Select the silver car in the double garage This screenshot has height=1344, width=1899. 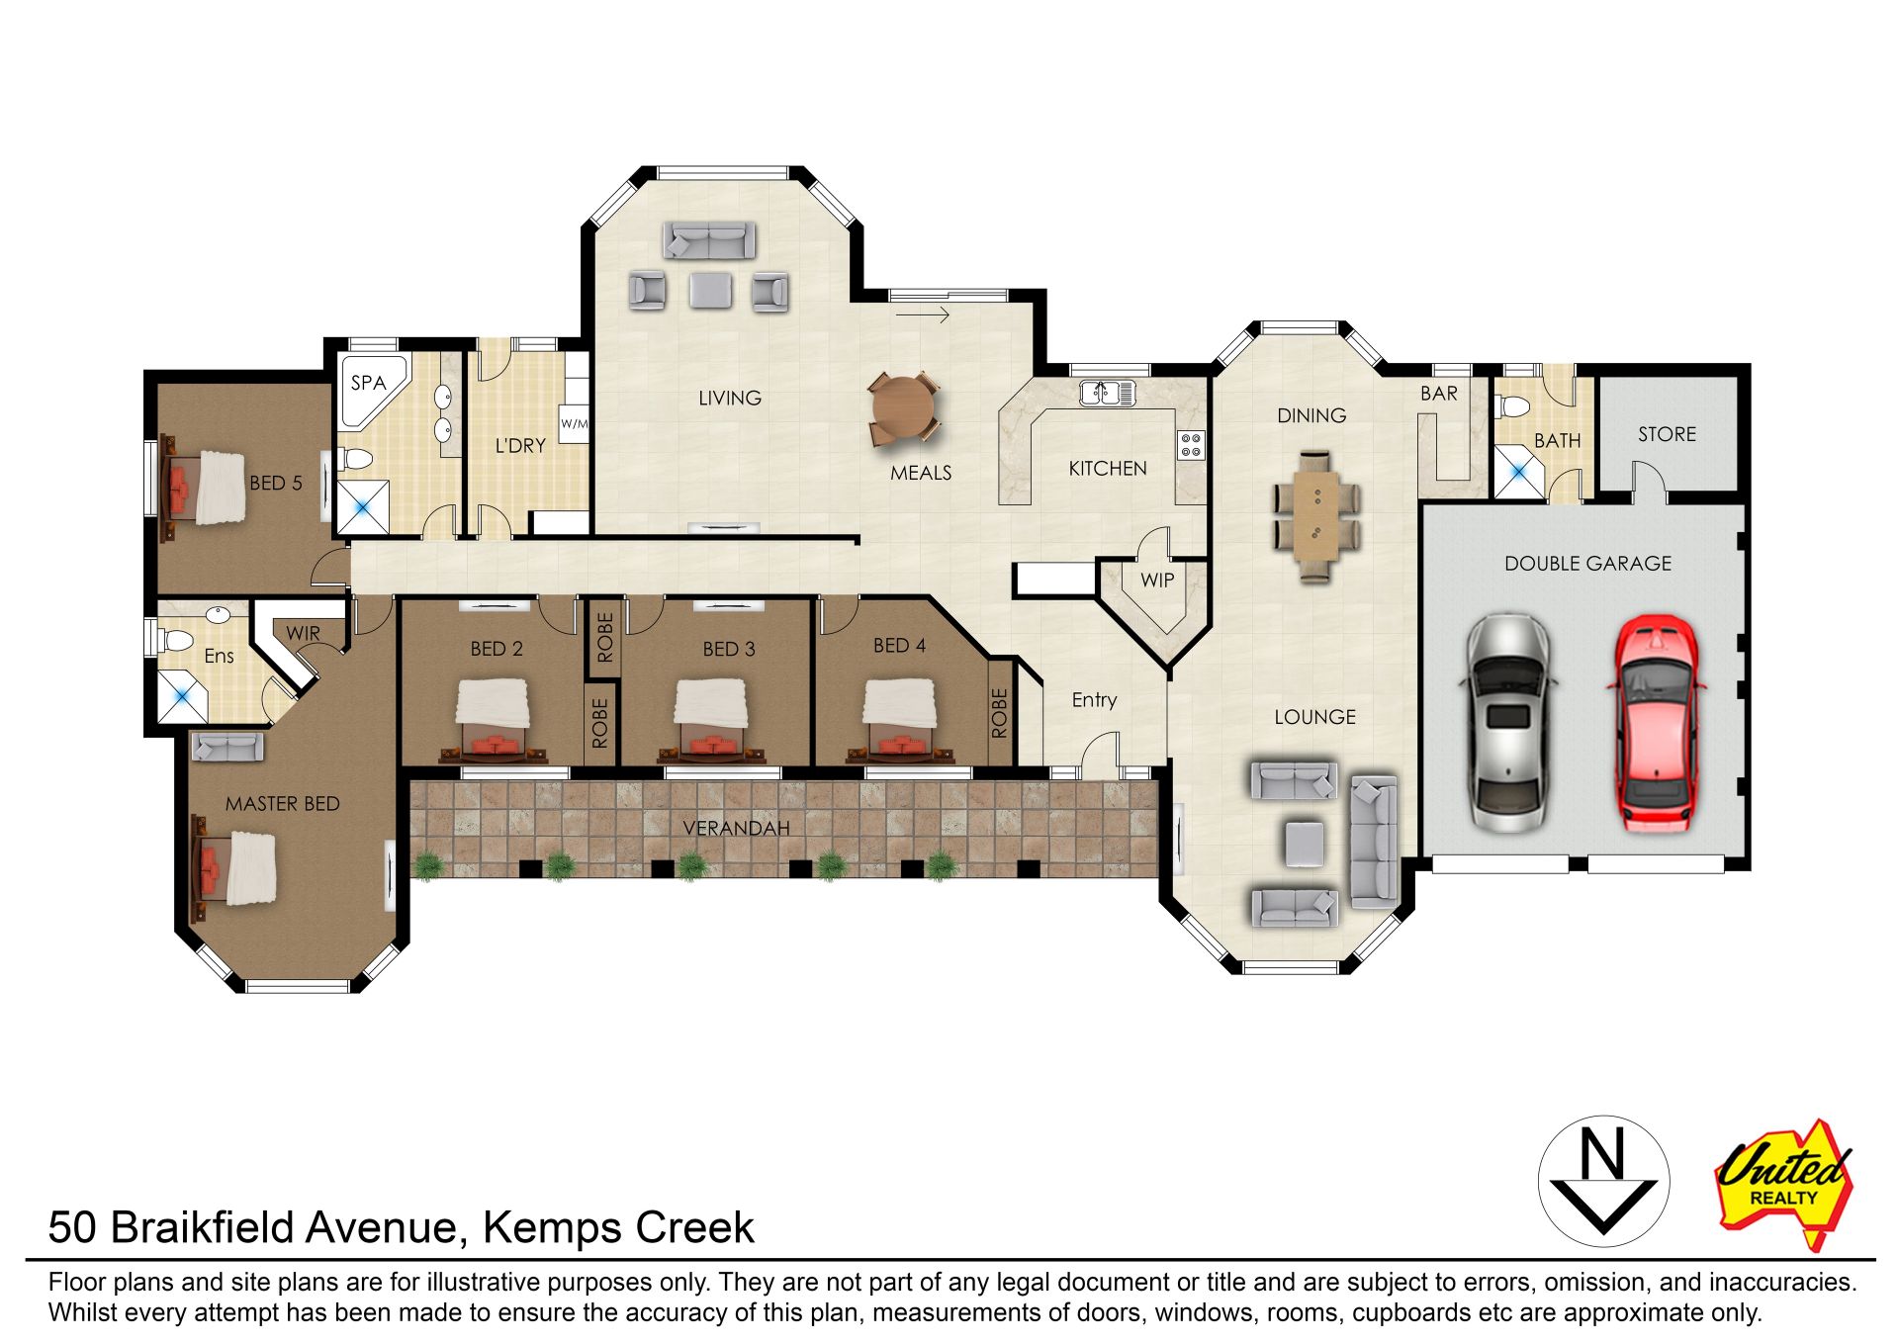1507,723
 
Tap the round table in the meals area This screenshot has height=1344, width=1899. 902,407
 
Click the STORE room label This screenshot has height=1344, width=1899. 1667,434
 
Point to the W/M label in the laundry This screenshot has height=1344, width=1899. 574,424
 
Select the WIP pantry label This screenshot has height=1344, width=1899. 1157,581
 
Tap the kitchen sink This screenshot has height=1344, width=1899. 1107,393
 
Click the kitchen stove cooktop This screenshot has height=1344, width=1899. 1191,445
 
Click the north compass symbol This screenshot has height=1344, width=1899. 1603,1182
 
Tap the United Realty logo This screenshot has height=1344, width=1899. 1784,1183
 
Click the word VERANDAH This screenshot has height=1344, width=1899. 736,829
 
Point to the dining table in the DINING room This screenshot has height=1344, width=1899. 1315,516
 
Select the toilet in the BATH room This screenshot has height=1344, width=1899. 1512,406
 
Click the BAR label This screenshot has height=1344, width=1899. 1439,394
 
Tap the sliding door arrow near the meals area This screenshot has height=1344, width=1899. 923,315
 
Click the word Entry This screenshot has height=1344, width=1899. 1094,700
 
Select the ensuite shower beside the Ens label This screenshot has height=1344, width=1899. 183,696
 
